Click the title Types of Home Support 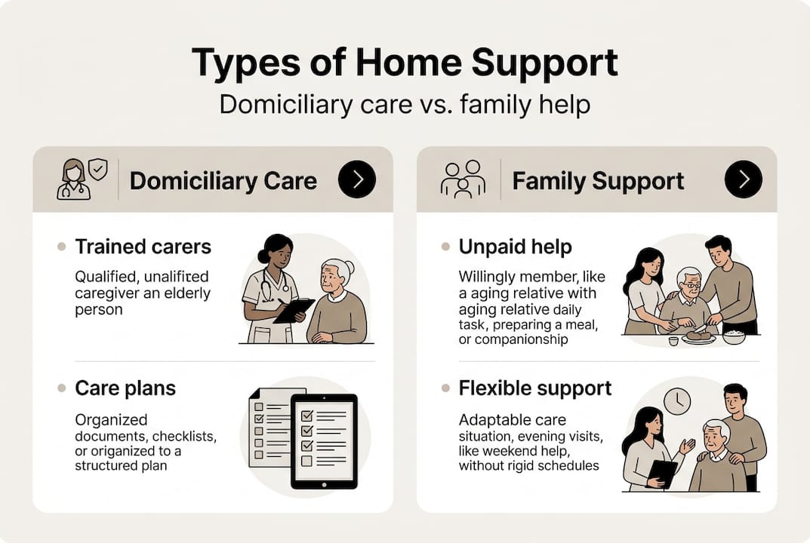click(x=405, y=63)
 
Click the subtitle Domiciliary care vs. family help click(x=405, y=104)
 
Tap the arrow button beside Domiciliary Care click(x=357, y=179)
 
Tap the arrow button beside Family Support click(x=743, y=179)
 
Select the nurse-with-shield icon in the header click(x=82, y=179)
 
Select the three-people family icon click(x=463, y=179)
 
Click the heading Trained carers click(x=143, y=247)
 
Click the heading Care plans click(x=125, y=388)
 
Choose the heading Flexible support click(x=535, y=388)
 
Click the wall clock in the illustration click(x=677, y=401)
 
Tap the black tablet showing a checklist click(x=323, y=441)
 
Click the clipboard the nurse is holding click(x=294, y=310)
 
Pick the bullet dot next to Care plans click(x=61, y=388)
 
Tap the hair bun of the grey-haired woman click(x=350, y=265)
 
